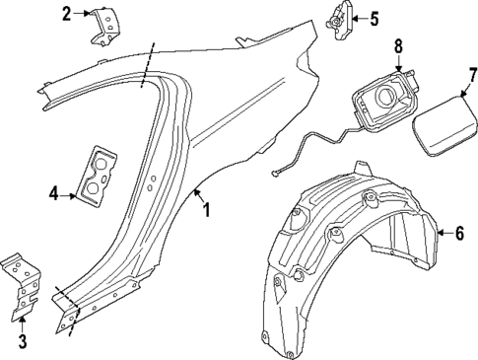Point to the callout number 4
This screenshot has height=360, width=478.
pos(55,194)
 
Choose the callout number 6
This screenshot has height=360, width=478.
pos(458,233)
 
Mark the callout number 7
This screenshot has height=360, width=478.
pos(471,75)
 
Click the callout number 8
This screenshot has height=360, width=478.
pos(398,45)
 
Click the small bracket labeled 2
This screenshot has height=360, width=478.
pos(102,24)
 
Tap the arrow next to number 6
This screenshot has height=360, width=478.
pos(441,233)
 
